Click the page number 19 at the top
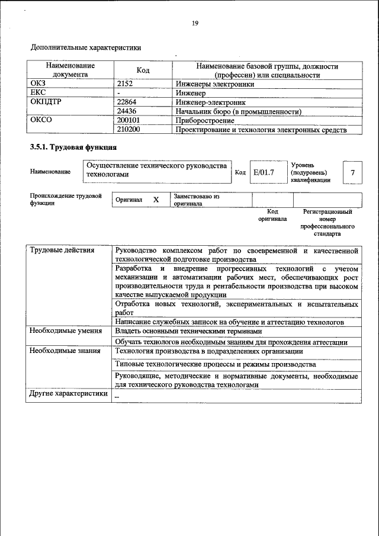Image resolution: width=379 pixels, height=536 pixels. pos(195,23)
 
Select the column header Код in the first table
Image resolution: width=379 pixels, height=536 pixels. pos(143,70)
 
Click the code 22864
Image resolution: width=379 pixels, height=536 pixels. pos(128,102)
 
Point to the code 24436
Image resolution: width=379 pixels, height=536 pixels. pos(128,111)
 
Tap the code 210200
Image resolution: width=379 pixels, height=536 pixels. pos(129,129)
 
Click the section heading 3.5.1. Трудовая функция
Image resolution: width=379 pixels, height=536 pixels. pos(73,147)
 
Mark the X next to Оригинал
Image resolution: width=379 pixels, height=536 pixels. pos(156,200)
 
